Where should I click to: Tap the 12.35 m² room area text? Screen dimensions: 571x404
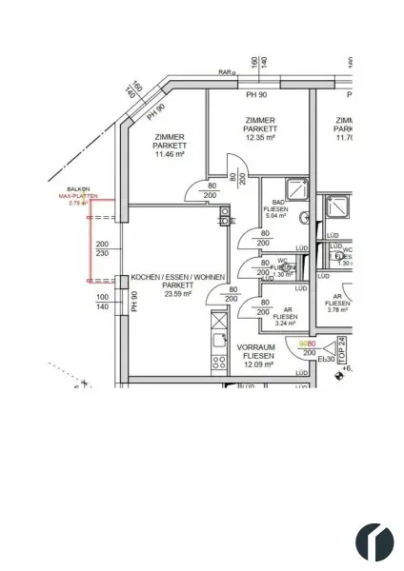259,138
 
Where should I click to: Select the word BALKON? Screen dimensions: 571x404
77,188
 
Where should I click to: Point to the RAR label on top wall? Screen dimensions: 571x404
225,71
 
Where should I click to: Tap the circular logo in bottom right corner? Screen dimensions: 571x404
374,542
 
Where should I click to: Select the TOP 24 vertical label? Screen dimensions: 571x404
342,351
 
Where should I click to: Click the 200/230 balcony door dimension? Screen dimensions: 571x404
102,248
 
